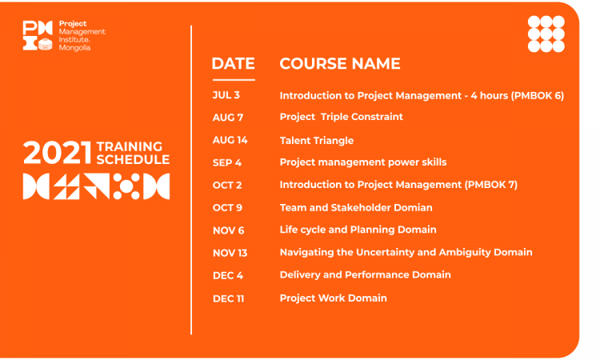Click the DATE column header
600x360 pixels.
(x=233, y=63)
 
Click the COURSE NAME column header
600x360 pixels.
(x=340, y=63)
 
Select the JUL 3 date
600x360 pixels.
(x=226, y=95)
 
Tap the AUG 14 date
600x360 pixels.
(x=230, y=140)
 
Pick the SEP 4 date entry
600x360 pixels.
(x=227, y=162)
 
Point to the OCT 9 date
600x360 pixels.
(x=228, y=208)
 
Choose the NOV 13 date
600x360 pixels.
(x=230, y=253)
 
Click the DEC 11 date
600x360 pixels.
(x=229, y=298)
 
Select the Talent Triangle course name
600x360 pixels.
(x=317, y=141)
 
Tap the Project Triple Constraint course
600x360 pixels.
(x=342, y=117)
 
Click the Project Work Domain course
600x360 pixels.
(x=334, y=298)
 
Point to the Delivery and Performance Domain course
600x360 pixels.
(x=365, y=275)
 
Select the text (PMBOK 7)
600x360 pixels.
(x=491, y=185)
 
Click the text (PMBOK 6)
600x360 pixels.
(x=538, y=95)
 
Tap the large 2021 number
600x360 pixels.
(x=58, y=153)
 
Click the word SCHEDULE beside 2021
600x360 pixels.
(x=133, y=159)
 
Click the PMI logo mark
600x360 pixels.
(x=38, y=35)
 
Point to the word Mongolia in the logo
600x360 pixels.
(x=74, y=48)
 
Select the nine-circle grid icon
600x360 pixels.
(x=546, y=34)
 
